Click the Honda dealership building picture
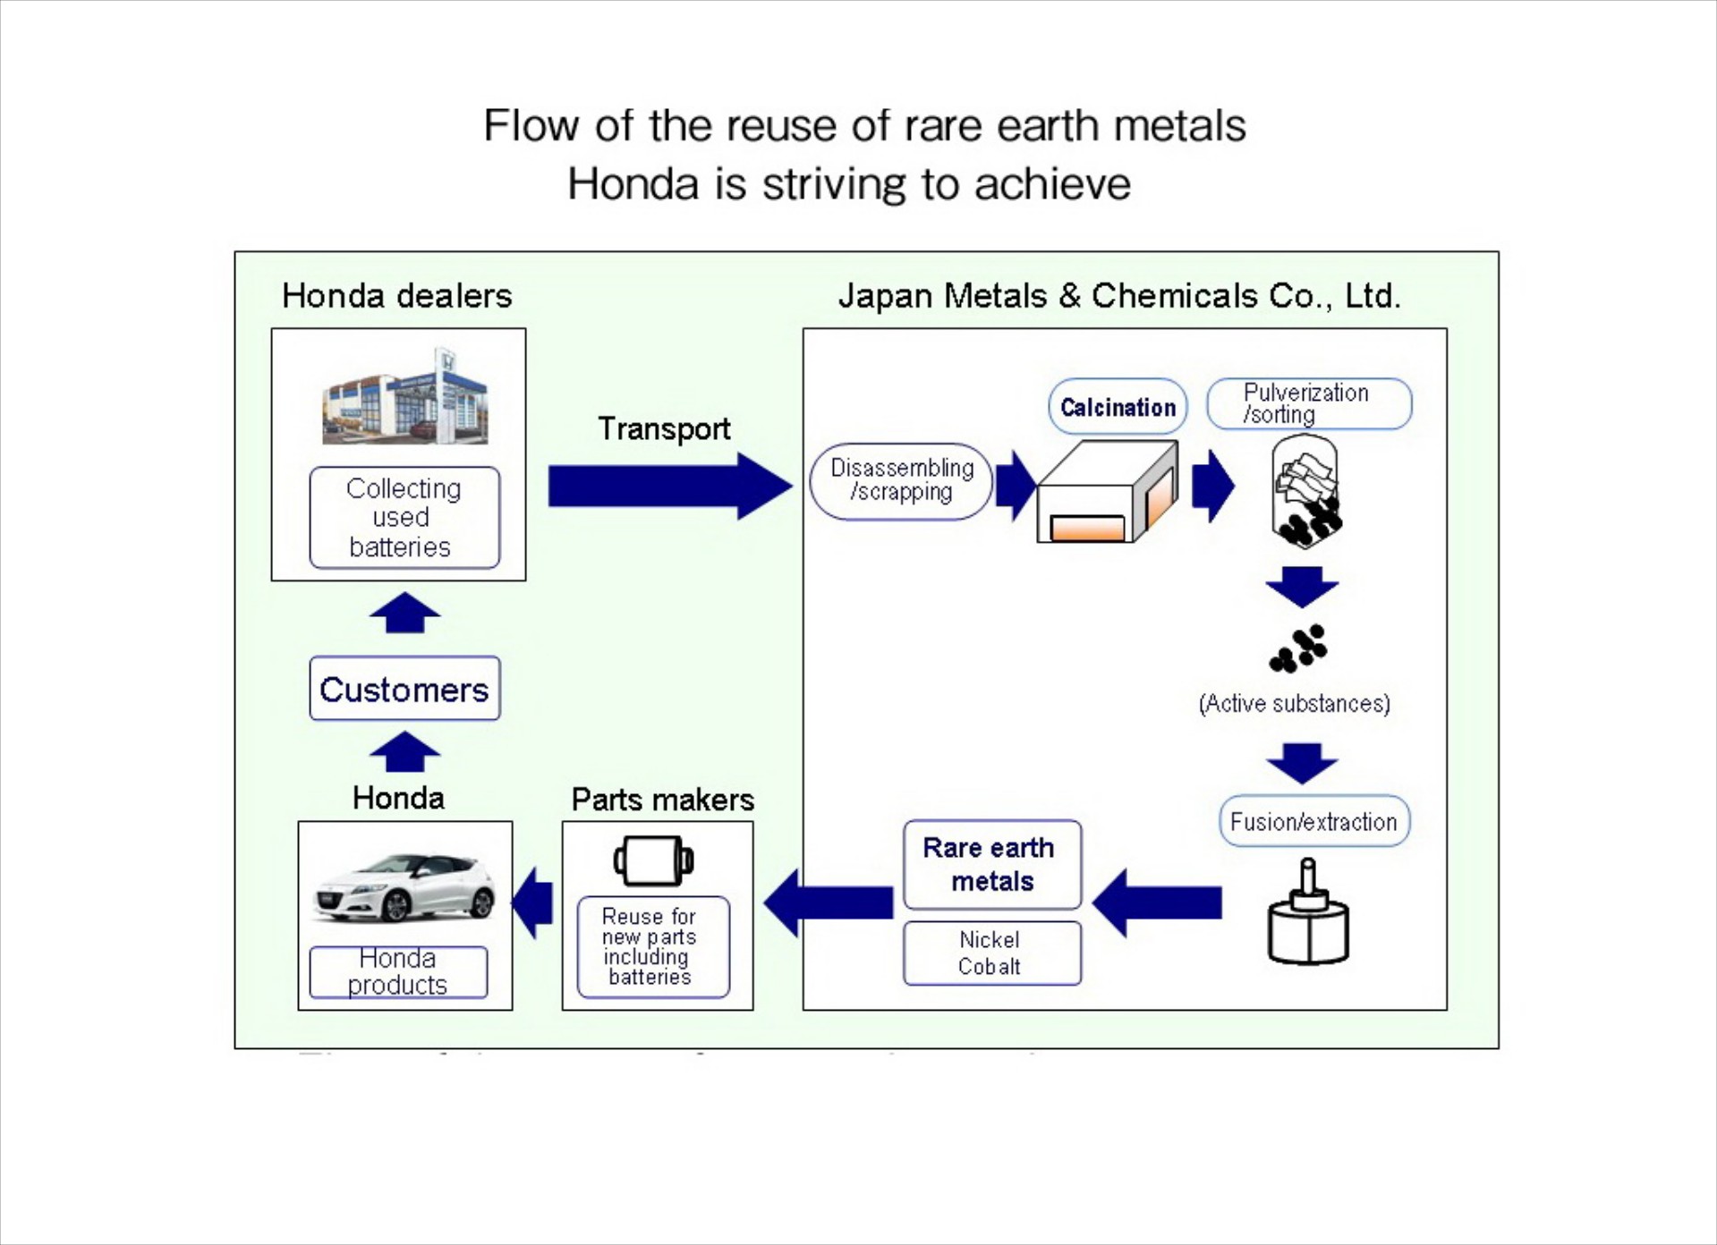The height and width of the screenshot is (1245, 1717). tap(404, 398)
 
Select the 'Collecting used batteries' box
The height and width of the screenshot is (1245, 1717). tap(404, 518)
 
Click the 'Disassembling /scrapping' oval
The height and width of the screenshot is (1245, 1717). tap(901, 481)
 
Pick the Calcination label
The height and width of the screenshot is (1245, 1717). tap(1118, 407)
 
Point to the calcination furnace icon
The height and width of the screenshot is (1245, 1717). tap(1108, 493)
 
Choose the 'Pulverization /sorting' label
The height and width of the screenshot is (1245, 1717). tap(1308, 403)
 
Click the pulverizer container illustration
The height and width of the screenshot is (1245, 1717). tap(1305, 491)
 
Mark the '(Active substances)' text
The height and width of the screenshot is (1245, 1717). tap(1294, 704)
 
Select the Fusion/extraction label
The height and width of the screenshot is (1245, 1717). tap(1313, 821)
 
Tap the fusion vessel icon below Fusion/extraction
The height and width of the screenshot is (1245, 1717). tap(1308, 914)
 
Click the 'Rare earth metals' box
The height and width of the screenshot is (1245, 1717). tap(991, 865)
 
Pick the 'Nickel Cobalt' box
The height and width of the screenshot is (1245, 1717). tap(991, 953)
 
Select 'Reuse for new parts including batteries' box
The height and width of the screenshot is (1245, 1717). tap(653, 947)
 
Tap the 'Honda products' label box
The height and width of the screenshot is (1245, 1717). tap(398, 972)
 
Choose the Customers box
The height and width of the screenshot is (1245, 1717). tap(404, 689)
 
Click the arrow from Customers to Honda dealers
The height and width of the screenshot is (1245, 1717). tap(404, 613)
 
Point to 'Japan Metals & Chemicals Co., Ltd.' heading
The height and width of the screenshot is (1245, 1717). tap(1119, 296)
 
